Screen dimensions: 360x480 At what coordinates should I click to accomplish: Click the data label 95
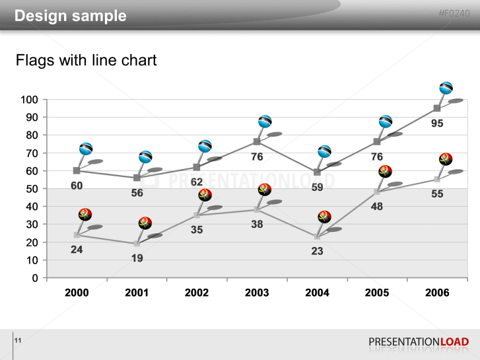[x=437, y=124]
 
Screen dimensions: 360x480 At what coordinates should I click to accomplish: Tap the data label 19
[x=137, y=258]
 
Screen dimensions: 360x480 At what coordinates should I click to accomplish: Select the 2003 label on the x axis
[x=257, y=293]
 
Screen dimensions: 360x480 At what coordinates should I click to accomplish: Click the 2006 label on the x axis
[x=437, y=293]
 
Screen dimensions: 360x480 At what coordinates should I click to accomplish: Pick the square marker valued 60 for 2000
[x=77, y=170]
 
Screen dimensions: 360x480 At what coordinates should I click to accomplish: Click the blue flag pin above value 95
[x=446, y=88]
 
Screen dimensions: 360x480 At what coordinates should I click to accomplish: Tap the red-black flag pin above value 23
[x=324, y=217]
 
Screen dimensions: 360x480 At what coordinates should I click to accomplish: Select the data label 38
[x=257, y=224]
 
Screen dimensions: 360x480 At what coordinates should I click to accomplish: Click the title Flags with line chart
[x=86, y=61]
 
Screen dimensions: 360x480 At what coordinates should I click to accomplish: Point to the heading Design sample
[x=70, y=16]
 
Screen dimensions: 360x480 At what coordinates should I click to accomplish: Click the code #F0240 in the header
[x=454, y=14]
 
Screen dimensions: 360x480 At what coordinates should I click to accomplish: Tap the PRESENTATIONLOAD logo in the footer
[x=419, y=342]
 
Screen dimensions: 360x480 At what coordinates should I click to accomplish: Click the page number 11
[x=18, y=340]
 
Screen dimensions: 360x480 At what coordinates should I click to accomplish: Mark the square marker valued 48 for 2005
[x=377, y=192]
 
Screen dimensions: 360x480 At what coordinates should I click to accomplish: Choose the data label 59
[x=317, y=187]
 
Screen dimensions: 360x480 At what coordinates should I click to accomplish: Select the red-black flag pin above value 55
[x=446, y=159]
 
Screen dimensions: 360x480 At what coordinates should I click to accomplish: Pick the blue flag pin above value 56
[x=145, y=157]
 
